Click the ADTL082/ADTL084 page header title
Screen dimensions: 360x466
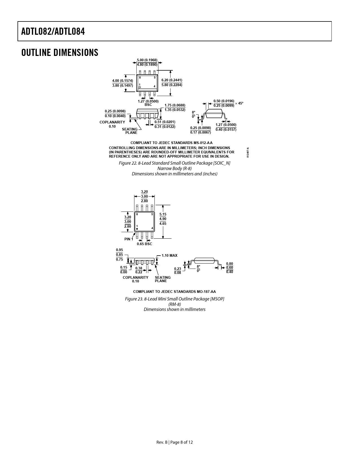tap(53, 32)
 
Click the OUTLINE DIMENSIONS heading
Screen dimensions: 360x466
tap(60, 53)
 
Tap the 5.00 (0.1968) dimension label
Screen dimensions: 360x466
tap(147, 60)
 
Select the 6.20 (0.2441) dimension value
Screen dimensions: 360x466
tap(172, 80)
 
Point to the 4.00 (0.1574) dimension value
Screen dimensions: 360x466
tap(123, 81)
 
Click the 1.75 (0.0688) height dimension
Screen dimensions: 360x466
tap(175, 105)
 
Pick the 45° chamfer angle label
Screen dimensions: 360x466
tap(241, 103)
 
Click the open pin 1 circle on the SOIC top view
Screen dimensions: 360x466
tap(140, 87)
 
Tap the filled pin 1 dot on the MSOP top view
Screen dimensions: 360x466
tap(137, 229)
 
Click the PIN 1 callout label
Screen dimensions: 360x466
tap(129, 239)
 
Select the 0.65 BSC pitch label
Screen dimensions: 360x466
tap(145, 244)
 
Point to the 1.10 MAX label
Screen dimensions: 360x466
tap(169, 255)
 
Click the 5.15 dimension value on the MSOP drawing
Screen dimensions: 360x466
tap(163, 214)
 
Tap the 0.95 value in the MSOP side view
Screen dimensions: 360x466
tap(119, 250)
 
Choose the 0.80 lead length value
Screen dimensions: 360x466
tap(230, 264)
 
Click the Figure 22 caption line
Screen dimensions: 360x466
tap(174, 163)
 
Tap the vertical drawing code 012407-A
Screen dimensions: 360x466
tap(248, 153)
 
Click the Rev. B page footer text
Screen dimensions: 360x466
tap(174, 442)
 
